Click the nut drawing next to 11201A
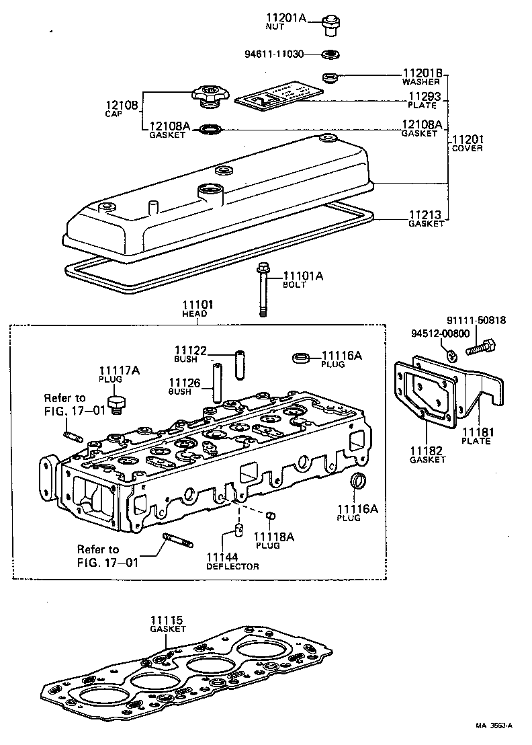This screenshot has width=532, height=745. pyautogui.click(x=329, y=24)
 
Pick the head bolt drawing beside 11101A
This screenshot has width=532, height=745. pyautogui.click(x=262, y=289)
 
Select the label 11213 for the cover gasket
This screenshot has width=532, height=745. pyautogui.click(x=426, y=215)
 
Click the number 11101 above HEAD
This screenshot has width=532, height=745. pyautogui.click(x=195, y=305)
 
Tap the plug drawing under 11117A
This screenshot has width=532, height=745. pyautogui.click(x=118, y=405)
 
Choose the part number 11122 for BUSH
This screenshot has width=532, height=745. pyautogui.click(x=191, y=350)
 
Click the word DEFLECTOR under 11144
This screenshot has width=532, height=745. pyautogui.click(x=232, y=566)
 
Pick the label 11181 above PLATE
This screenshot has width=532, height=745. pyautogui.click(x=476, y=431)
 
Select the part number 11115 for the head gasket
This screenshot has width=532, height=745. pyautogui.click(x=167, y=619)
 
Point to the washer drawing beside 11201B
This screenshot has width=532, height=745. pyautogui.click(x=330, y=77)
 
